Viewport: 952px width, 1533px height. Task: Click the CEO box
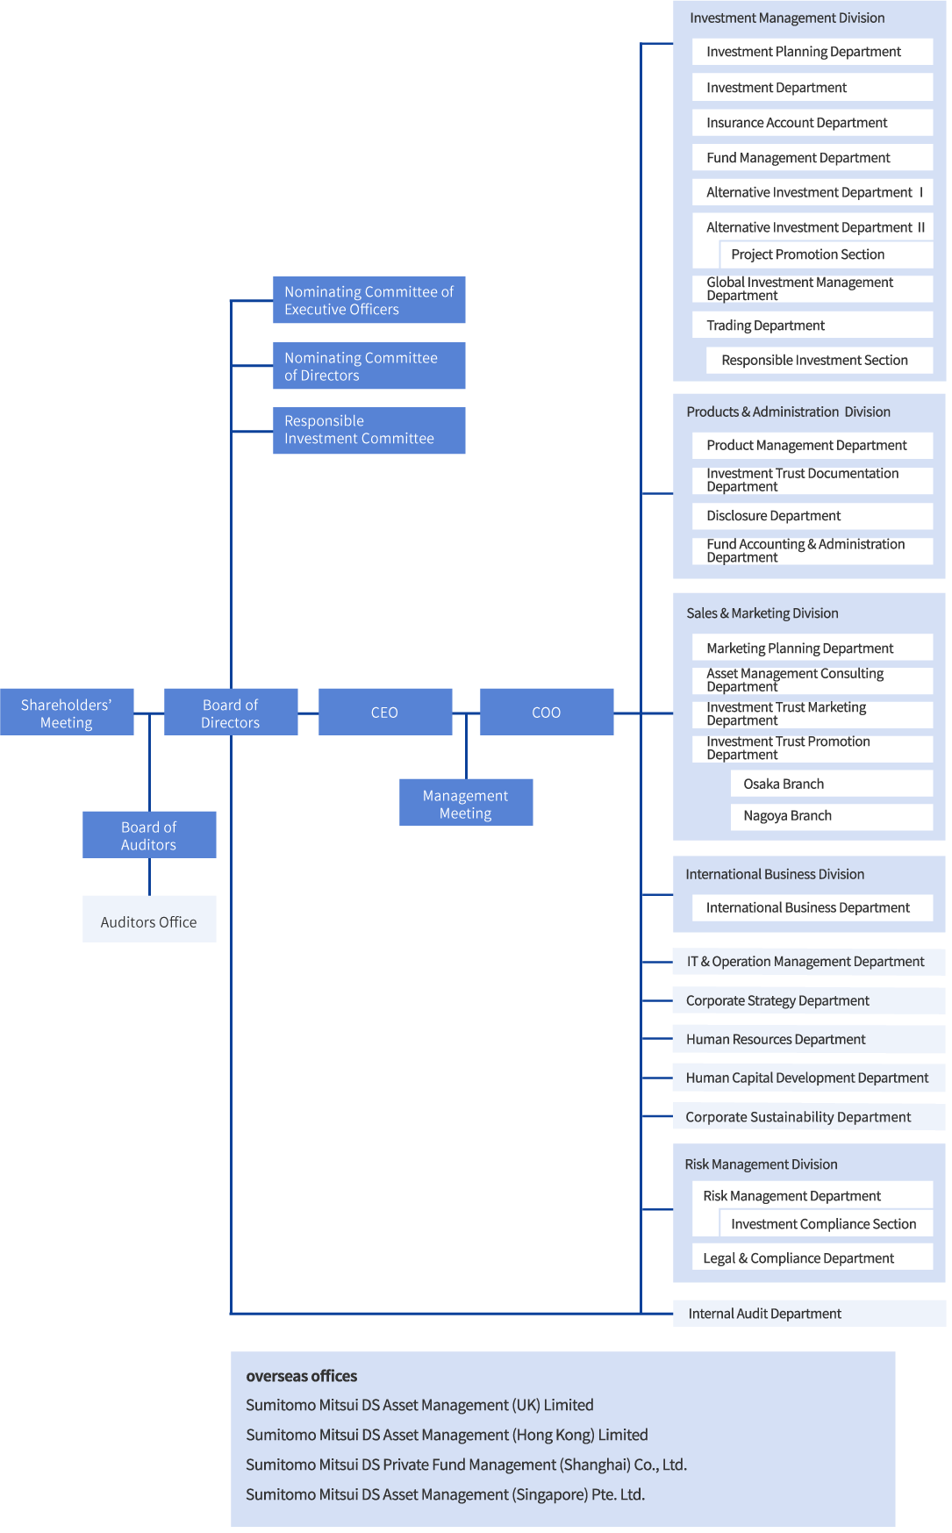click(385, 712)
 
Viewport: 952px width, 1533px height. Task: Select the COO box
click(547, 712)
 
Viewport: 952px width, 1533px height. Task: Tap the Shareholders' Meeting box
click(67, 713)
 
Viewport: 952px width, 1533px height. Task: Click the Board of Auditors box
click(149, 835)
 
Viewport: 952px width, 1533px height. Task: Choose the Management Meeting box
click(466, 803)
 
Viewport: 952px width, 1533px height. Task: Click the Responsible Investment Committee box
click(369, 430)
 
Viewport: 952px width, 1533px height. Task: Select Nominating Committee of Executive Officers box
click(369, 300)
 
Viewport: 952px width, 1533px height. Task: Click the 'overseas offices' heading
click(302, 1376)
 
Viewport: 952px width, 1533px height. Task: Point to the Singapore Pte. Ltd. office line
click(445, 1494)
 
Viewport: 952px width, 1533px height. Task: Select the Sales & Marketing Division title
click(762, 613)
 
